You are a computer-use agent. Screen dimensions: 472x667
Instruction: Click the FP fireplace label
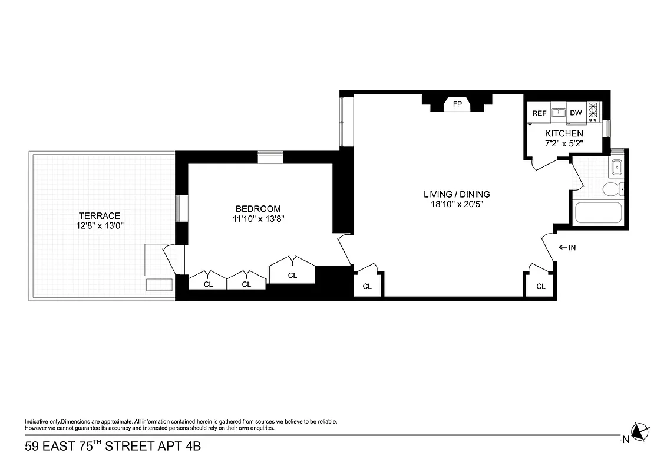pyautogui.click(x=457, y=105)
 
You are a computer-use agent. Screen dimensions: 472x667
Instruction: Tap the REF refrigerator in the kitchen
pyautogui.click(x=539, y=113)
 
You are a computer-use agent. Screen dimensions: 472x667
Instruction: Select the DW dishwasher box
pyautogui.click(x=576, y=113)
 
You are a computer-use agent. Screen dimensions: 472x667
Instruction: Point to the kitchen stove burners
pyautogui.click(x=593, y=112)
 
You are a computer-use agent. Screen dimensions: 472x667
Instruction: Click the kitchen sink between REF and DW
pyautogui.click(x=557, y=113)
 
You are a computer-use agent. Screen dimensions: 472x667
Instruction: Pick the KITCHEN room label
pyautogui.click(x=564, y=134)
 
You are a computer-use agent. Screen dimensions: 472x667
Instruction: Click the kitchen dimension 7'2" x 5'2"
pyautogui.click(x=564, y=143)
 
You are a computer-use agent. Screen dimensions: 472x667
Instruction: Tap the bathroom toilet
pyautogui.click(x=614, y=189)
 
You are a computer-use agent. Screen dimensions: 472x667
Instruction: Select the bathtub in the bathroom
pyautogui.click(x=598, y=213)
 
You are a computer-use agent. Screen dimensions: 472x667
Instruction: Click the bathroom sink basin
pyautogui.click(x=617, y=167)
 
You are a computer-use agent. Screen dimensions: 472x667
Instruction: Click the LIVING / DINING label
pyautogui.click(x=457, y=194)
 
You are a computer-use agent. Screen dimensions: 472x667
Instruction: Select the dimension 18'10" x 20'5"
pyautogui.click(x=457, y=204)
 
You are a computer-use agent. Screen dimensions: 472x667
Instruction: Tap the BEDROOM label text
pyautogui.click(x=258, y=209)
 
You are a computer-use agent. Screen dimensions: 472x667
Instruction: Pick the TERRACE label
pyautogui.click(x=100, y=216)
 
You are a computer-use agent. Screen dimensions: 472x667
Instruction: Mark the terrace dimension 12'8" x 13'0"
pyautogui.click(x=100, y=226)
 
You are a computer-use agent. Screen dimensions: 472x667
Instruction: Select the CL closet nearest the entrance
pyautogui.click(x=541, y=286)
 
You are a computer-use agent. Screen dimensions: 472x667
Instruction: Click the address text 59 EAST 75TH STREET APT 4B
pyautogui.click(x=113, y=446)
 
